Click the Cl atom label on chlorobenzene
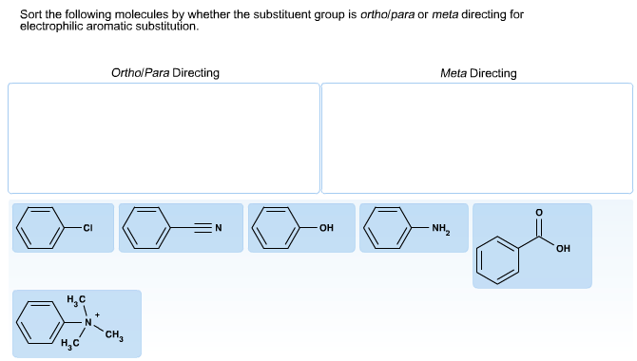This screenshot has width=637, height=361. [87, 228]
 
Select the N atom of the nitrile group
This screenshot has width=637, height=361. [217, 228]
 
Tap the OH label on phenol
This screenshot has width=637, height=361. [327, 228]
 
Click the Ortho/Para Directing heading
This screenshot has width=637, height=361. [164, 73]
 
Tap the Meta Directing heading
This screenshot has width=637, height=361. [478, 73]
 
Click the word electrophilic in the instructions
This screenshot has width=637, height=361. [60, 27]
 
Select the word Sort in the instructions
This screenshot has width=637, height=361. [30, 15]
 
